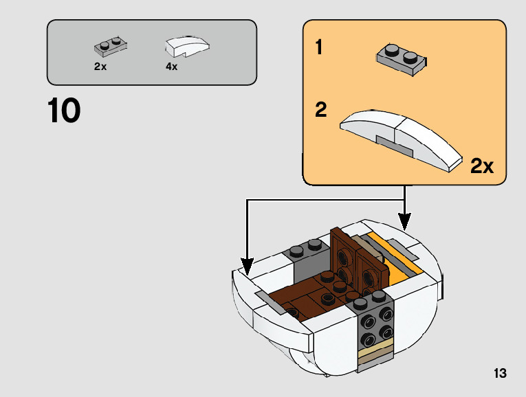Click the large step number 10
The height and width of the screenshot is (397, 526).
point(64,111)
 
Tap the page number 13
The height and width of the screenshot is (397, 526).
point(500,374)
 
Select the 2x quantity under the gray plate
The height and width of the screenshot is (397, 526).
point(100,67)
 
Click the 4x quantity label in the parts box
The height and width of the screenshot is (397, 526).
point(171,67)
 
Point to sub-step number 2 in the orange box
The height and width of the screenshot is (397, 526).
point(321,110)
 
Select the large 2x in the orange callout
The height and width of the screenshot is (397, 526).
point(482,166)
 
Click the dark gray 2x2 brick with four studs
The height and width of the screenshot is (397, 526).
point(372,322)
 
